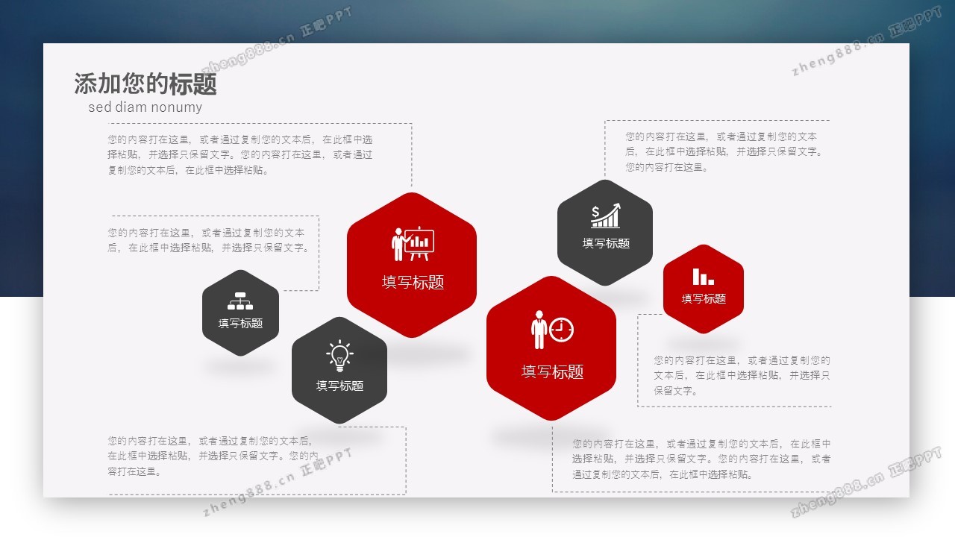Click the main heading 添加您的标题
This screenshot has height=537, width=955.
[145, 84]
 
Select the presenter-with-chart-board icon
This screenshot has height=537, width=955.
[413, 243]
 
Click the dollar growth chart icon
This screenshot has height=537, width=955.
[605, 216]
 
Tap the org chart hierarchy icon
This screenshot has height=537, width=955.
[240, 301]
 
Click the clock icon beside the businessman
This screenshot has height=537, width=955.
[561, 330]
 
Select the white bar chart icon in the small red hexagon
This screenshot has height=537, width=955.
[703, 277]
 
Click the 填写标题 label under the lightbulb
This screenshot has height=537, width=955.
[339, 386]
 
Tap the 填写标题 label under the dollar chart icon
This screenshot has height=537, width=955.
[606, 243]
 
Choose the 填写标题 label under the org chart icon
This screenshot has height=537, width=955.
[240, 324]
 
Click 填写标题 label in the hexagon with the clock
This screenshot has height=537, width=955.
[552, 371]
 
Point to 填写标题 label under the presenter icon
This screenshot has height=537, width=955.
[413, 282]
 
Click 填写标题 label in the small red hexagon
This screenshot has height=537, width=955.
[704, 299]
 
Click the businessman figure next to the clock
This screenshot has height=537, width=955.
[539, 330]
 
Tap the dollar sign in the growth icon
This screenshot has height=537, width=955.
[595, 211]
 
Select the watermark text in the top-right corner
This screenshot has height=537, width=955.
[866, 41]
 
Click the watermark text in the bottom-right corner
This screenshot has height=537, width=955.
[866, 482]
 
